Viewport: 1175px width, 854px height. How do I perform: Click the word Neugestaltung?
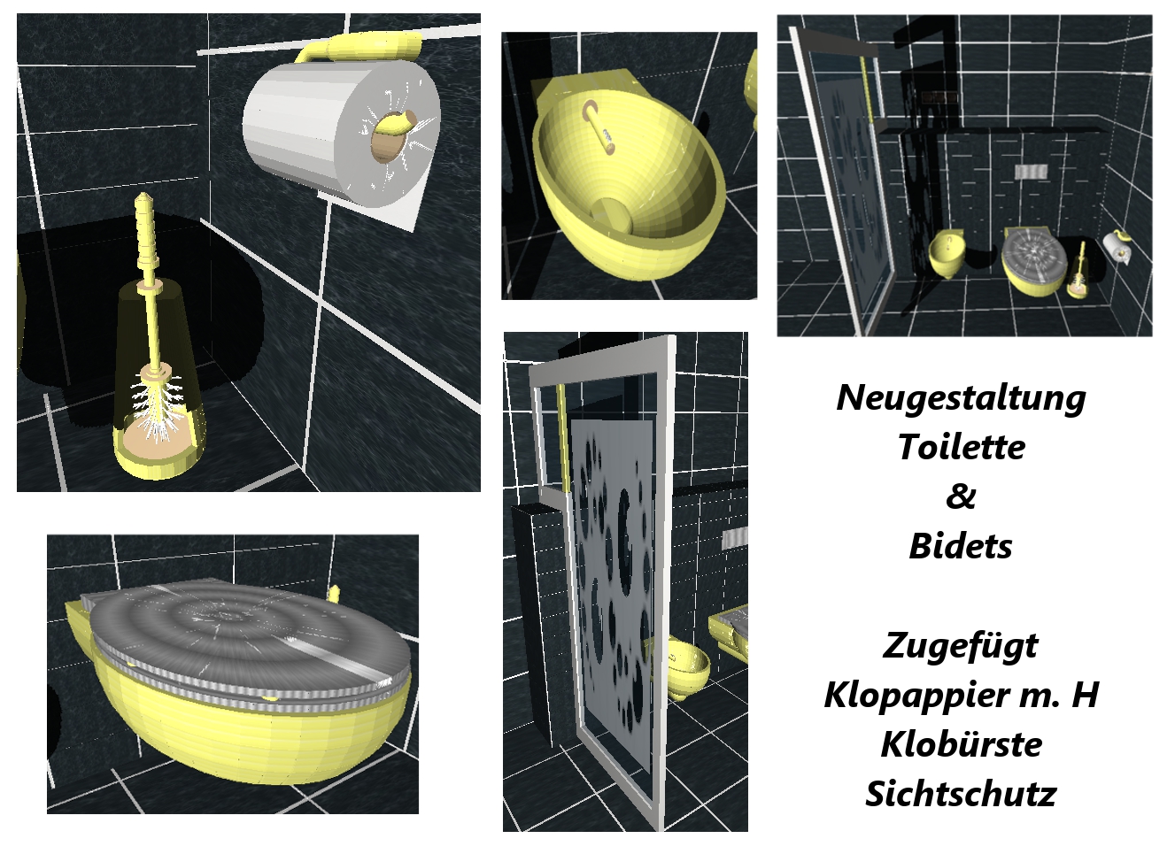961,398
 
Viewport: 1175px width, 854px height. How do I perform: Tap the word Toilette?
961,447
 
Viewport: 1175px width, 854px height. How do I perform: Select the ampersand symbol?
961,496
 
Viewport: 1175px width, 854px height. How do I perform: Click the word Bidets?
961,546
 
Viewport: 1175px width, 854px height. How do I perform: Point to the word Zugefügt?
961,646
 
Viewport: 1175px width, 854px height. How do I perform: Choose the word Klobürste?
961,744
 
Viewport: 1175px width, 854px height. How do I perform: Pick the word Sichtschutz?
961,794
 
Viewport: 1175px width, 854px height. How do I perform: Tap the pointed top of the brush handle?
142,197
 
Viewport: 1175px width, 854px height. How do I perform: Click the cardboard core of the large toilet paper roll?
391,135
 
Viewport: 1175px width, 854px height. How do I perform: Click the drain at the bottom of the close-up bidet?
612,215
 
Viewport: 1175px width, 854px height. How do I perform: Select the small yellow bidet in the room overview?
947,254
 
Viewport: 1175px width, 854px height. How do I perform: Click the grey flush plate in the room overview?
1031,172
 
